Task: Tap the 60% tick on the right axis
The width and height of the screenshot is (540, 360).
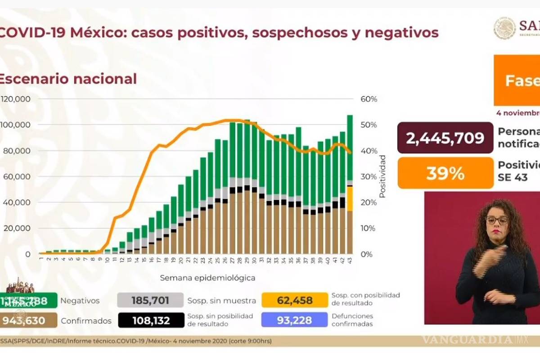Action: tap(369, 99)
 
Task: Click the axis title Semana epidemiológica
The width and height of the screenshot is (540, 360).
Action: tap(207, 278)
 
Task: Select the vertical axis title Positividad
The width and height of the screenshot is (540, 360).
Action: tap(382, 176)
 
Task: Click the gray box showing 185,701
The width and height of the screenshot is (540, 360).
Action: tap(150, 300)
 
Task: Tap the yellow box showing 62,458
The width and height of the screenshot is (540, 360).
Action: tap(295, 300)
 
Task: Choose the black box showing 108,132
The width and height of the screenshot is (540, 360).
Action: tap(151, 320)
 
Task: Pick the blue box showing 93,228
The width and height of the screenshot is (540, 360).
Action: tap(294, 320)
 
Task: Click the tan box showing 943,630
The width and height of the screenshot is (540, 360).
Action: tap(28, 320)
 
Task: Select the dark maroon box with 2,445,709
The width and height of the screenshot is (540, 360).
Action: tap(445, 138)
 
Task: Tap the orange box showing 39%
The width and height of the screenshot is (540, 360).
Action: tap(445, 173)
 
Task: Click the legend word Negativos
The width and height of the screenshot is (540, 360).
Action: tap(80, 301)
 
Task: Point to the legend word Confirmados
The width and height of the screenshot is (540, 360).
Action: tap(86, 321)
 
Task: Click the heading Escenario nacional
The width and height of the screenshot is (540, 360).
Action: tap(67, 79)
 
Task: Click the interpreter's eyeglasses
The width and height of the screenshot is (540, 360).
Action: tap(496, 220)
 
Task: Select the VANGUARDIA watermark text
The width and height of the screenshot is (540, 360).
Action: tap(468, 339)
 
